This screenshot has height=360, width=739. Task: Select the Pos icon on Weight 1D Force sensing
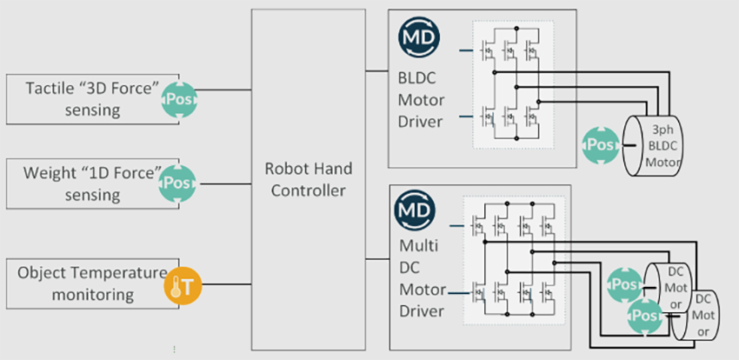(x=179, y=183)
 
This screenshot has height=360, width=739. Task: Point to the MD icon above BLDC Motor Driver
(x=420, y=38)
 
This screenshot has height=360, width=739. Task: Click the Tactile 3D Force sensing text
(x=84, y=98)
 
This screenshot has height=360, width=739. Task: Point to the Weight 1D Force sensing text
(x=84, y=183)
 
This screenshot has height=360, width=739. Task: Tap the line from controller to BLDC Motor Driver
(x=378, y=70)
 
